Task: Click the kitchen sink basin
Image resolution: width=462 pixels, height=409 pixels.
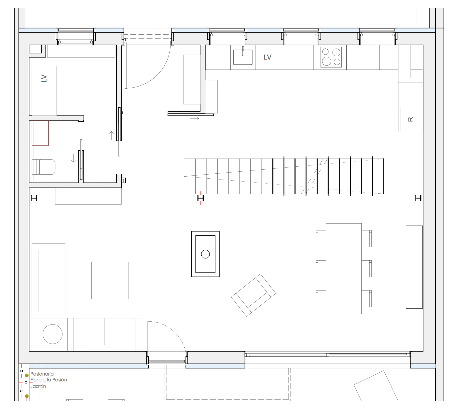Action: click(x=243, y=57)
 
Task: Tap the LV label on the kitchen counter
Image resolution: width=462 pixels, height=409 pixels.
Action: click(x=267, y=57)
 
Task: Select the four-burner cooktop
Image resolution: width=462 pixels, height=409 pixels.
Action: click(x=331, y=57)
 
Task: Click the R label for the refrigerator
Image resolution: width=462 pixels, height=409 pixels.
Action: click(x=411, y=119)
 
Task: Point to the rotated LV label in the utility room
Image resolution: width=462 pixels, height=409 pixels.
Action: click(x=44, y=78)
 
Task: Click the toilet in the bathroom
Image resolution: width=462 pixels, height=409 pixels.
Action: click(x=44, y=167)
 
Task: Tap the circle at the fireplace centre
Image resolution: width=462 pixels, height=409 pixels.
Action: click(x=205, y=254)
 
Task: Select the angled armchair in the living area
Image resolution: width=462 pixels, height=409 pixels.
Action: click(x=254, y=295)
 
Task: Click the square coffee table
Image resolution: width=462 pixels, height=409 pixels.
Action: click(x=110, y=280)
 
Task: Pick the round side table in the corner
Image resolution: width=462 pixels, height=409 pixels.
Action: click(x=53, y=334)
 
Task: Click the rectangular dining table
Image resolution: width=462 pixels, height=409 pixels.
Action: click(x=344, y=268)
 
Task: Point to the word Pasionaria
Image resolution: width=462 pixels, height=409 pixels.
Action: click(x=42, y=374)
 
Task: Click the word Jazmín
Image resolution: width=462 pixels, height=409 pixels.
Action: click(x=38, y=386)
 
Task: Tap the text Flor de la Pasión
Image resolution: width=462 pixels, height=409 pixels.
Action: click(x=48, y=380)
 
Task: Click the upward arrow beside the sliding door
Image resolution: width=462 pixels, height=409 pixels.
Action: click(x=112, y=135)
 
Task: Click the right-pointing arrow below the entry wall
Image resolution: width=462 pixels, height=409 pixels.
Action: click(x=195, y=119)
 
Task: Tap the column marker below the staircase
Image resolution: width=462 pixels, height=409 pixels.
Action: click(x=200, y=198)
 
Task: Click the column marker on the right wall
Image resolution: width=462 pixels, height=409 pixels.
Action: click(x=418, y=198)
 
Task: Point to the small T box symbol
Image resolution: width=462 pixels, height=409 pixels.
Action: click(x=124, y=180)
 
